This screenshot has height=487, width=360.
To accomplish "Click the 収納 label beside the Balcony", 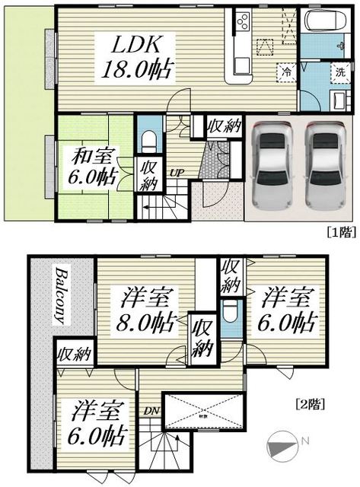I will (x=74, y=353).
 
